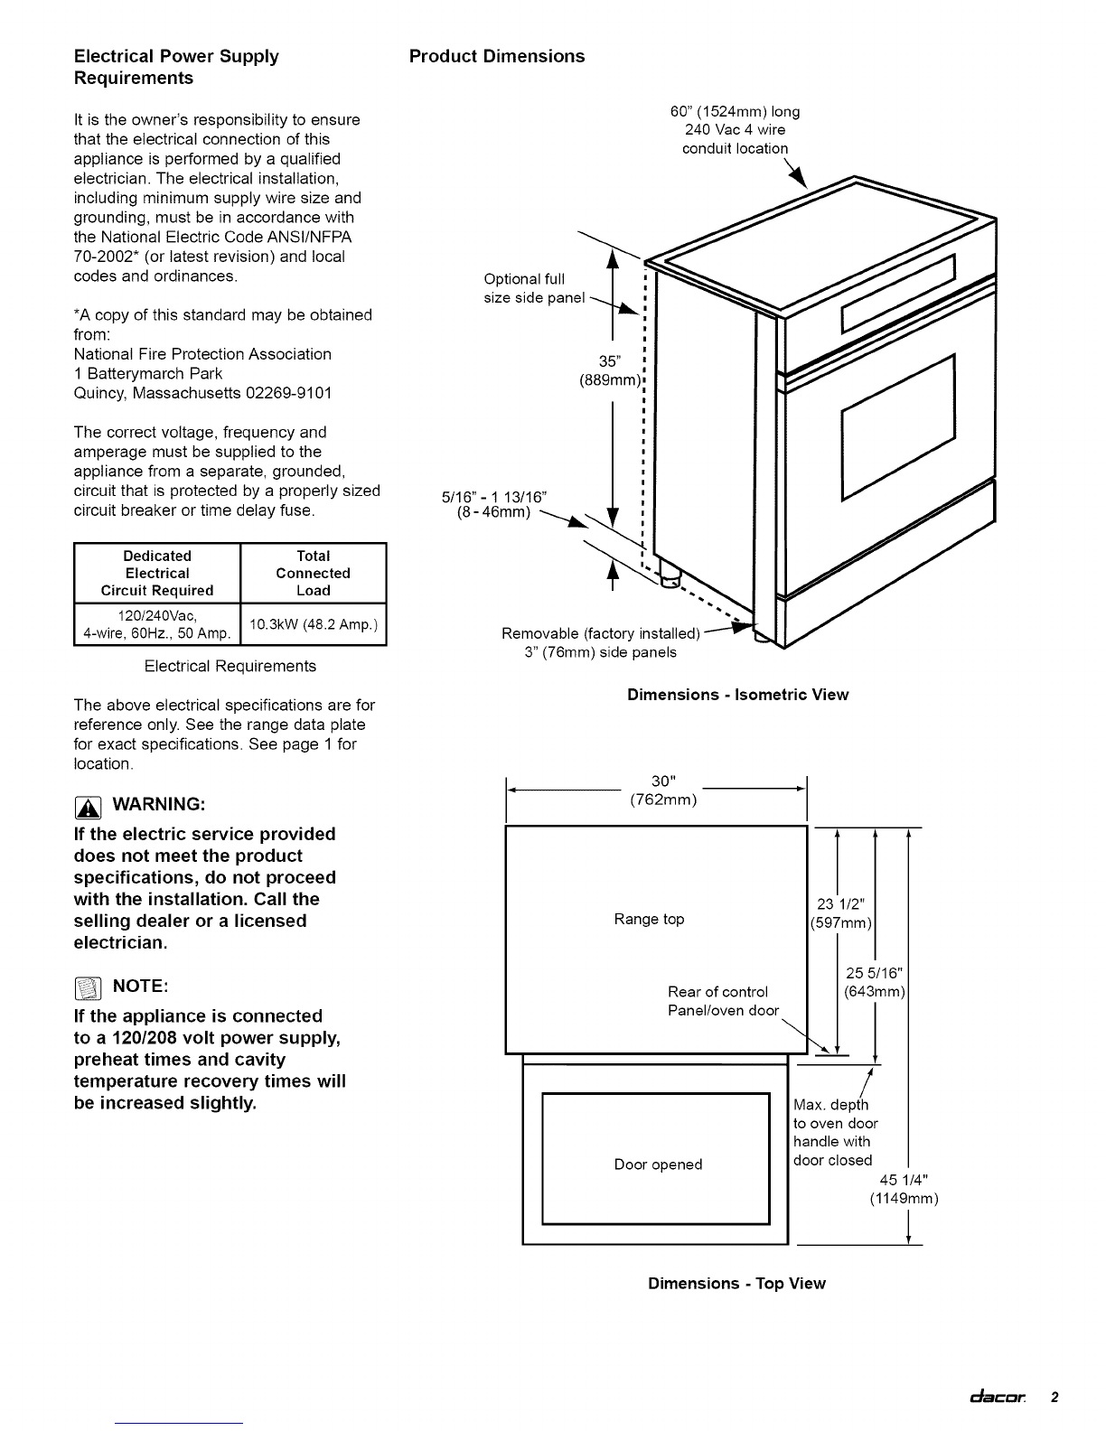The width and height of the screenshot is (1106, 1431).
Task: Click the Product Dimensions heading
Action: point(497,57)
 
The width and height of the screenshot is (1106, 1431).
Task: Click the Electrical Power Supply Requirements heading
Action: point(176,67)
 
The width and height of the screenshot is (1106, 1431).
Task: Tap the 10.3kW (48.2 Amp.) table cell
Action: point(314,624)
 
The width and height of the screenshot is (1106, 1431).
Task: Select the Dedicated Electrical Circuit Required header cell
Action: point(157,573)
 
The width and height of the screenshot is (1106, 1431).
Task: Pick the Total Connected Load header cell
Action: point(313,573)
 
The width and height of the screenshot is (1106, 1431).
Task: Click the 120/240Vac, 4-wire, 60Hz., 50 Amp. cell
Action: point(157,624)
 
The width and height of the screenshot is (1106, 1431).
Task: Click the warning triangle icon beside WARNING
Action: point(88,807)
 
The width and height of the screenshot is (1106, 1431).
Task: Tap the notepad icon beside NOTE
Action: point(88,988)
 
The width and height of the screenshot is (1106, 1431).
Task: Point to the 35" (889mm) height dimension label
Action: point(610,370)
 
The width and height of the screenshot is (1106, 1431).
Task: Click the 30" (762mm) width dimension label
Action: point(663,790)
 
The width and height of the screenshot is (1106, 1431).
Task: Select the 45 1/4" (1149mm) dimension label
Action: point(904,1189)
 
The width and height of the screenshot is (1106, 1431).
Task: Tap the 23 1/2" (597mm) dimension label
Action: point(841,913)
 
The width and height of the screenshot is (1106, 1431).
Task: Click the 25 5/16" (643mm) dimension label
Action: point(874,982)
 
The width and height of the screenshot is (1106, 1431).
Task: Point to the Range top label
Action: point(649,919)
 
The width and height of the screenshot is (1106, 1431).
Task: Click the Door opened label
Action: point(658,1164)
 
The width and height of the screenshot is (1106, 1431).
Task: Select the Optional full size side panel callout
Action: point(534,288)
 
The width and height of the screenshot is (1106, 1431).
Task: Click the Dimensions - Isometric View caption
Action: point(737,695)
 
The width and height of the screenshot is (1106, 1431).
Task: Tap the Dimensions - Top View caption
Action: point(736,1284)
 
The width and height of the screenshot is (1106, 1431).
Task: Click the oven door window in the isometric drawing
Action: point(898,427)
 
